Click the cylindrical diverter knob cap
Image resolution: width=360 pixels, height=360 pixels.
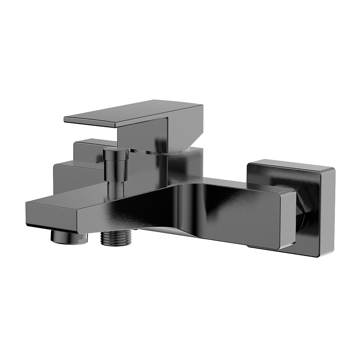click(115, 154)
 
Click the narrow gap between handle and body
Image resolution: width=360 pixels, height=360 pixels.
click(150, 152)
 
